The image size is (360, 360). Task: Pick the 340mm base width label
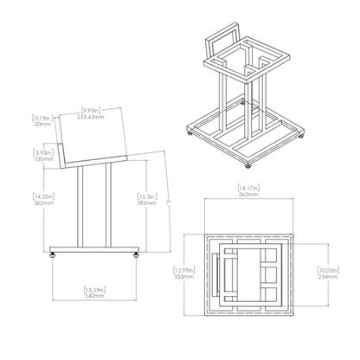[94, 295]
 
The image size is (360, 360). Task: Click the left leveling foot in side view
[57, 255]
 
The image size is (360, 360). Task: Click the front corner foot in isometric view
[249, 164]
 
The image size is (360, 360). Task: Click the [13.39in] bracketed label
[94, 288]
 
